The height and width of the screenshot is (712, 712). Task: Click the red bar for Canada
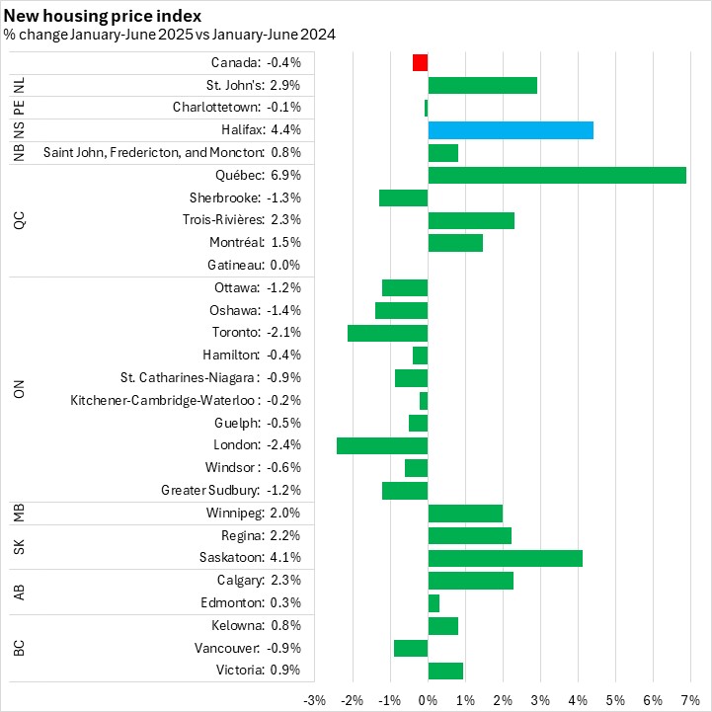point(420,62)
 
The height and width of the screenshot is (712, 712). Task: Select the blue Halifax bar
point(511,130)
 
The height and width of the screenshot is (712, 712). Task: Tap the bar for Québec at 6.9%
point(557,175)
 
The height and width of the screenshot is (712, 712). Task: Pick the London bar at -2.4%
point(382,445)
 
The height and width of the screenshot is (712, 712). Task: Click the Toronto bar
point(387,333)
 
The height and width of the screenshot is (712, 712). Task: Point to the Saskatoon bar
point(505,558)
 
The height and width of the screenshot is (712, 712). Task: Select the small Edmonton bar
point(434,603)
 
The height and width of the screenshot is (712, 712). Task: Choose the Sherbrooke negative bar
point(403,198)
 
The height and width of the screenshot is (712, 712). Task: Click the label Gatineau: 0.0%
point(254,266)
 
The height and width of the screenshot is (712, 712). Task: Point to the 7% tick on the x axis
point(689,700)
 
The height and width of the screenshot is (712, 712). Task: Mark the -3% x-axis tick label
point(315,700)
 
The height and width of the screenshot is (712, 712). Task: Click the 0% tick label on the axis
point(428,700)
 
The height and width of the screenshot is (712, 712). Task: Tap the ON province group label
point(19,389)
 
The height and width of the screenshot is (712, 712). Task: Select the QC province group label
point(19,220)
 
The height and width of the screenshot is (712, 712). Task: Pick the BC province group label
point(19,649)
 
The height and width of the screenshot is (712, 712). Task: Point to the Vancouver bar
point(411,648)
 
